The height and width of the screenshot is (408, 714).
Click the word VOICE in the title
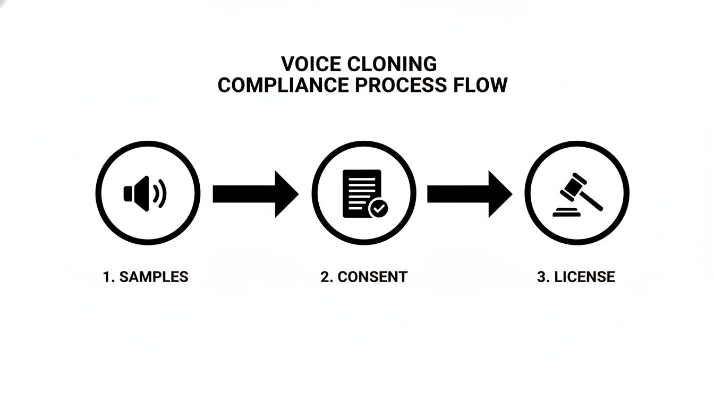pyautogui.click(x=311, y=64)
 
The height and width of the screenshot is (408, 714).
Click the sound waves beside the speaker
pyautogui.click(x=160, y=193)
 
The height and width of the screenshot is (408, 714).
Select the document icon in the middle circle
pyautogui.click(x=361, y=192)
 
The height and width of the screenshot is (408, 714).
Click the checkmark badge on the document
pyautogui.click(x=378, y=208)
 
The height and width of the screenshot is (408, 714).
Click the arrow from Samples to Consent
pyautogui.click(x=255, y=194)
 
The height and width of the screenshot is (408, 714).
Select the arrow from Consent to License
pyautogui.click(x=470, y=194)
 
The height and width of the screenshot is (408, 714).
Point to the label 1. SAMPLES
pyautogui.click(x=145, y=277)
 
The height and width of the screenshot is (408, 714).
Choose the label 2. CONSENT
pyautogui.click(x=364, y=277)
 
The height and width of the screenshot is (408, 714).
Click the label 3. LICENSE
pyautogui.click(x=576, y=277)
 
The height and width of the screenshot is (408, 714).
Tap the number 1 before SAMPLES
pyautogui.click(x=106, y=277)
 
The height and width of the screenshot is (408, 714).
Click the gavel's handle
pyautogui.click(x=592, y=201)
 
